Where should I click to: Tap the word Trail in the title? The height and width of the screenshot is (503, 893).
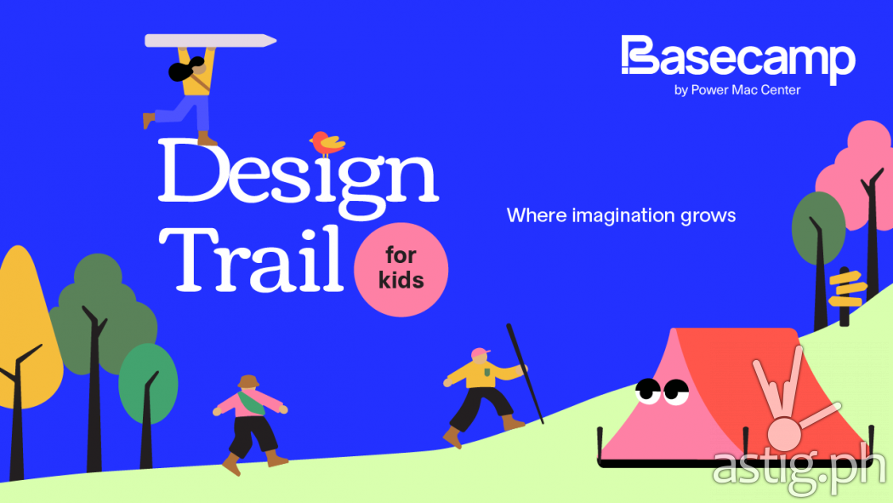(x=251, y=260)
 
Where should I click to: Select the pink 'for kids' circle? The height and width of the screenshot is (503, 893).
(x=401, y=270)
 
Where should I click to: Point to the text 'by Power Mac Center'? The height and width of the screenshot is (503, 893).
(x=737, y=90)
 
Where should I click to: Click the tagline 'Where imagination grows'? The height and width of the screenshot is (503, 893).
(x=621, y=215)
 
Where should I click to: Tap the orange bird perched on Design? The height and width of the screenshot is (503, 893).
(x=327, y=144)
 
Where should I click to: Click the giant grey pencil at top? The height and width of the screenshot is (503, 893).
(x=210, y=41)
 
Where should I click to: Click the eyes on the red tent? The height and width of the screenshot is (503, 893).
(x=661, y=391)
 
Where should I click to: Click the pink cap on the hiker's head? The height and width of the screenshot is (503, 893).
(x=481, y=353)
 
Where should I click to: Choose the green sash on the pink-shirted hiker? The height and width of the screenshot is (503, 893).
(x=250, y=403)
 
